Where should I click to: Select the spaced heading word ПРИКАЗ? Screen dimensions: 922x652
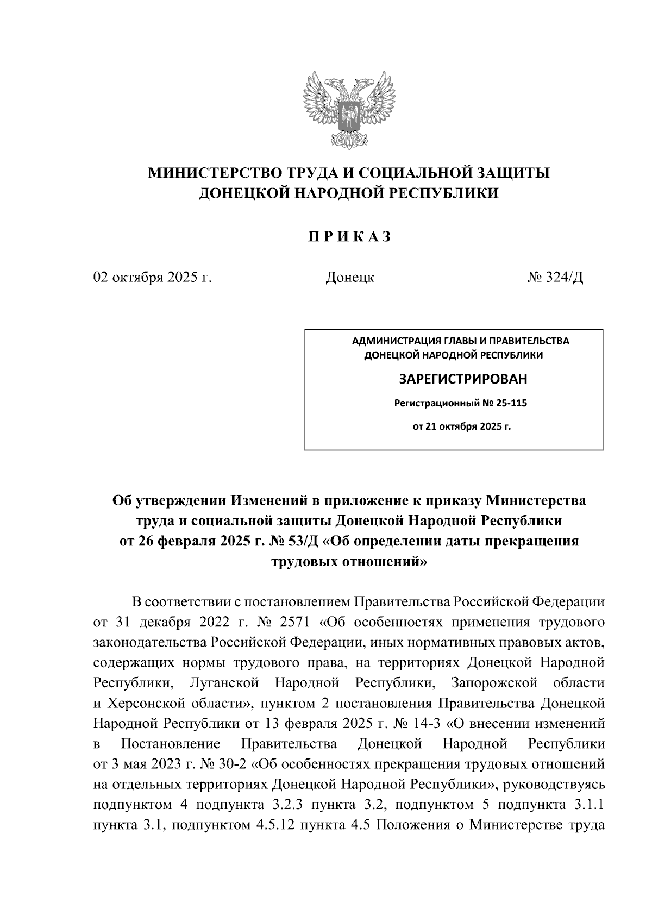pos(349,237)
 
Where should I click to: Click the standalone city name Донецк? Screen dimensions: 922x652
pos(349,278)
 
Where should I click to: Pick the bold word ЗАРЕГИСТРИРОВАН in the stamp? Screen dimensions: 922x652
pos(463,379)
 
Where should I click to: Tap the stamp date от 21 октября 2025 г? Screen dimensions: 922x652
pos(462,426)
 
